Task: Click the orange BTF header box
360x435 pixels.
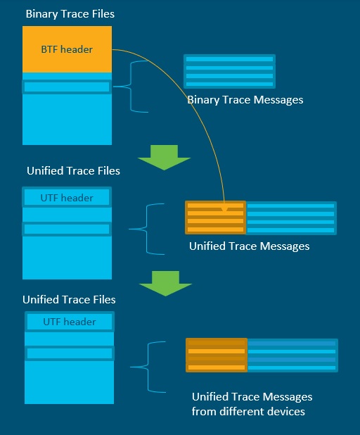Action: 67,49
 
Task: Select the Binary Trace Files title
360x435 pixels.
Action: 70,13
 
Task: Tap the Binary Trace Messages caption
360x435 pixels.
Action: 245,100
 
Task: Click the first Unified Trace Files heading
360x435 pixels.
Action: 73,171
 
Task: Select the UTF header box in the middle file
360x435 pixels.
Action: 67,198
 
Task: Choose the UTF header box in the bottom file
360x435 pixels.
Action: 69,322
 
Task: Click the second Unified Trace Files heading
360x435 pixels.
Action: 69,299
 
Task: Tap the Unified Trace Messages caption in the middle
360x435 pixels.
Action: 249,246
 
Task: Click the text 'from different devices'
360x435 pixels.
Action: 248,411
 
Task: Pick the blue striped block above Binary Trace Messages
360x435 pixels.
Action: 229,71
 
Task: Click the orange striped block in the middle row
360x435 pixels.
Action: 215,217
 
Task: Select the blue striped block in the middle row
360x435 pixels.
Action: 291,217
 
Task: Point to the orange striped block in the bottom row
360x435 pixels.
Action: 217,355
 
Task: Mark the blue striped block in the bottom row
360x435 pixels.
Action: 292,355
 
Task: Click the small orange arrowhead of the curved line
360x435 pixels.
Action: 224,209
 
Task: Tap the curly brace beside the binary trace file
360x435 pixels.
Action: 134,86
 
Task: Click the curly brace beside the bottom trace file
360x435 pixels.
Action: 151,365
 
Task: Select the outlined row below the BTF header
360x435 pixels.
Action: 67,87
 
